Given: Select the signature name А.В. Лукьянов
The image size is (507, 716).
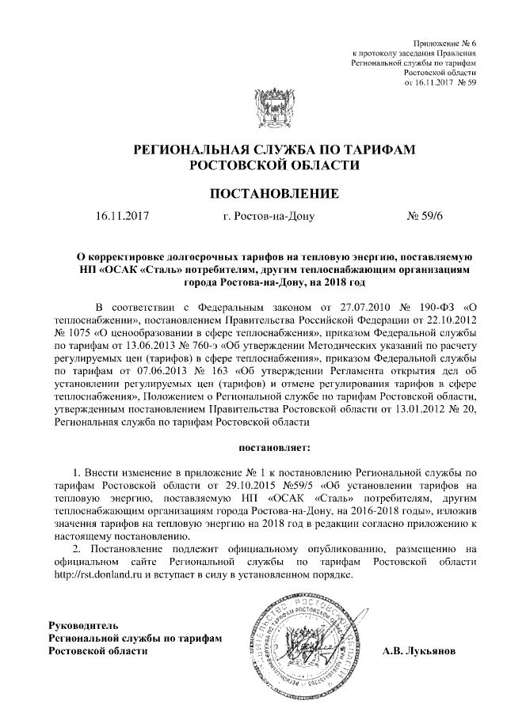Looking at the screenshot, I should coord(417,651).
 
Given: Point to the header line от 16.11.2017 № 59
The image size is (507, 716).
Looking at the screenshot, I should coord(439,81).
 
